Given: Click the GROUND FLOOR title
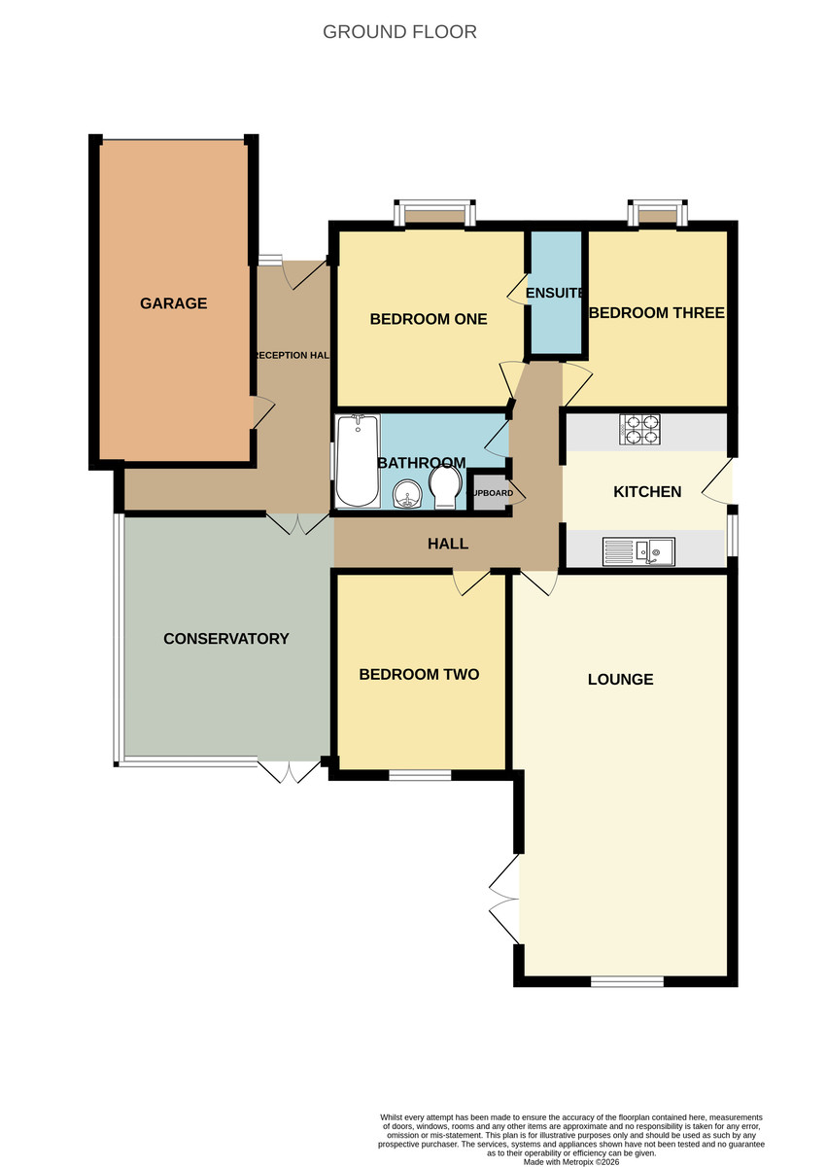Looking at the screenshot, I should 399,32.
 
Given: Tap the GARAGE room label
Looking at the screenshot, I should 174,303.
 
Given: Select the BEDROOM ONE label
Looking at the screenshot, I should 429,319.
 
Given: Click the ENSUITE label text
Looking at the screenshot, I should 555,293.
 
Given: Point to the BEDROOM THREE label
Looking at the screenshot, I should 657,313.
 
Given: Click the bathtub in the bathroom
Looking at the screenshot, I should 357,462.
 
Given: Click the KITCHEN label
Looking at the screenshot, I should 647,492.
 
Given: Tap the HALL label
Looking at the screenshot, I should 448,544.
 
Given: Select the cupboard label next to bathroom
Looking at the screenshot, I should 491,493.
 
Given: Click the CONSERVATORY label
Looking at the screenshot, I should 226,639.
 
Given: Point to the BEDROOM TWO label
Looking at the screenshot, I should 419,674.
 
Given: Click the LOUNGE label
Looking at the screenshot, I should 620,679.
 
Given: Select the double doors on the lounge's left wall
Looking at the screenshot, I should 505,902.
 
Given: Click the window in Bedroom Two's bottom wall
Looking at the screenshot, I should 420,775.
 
